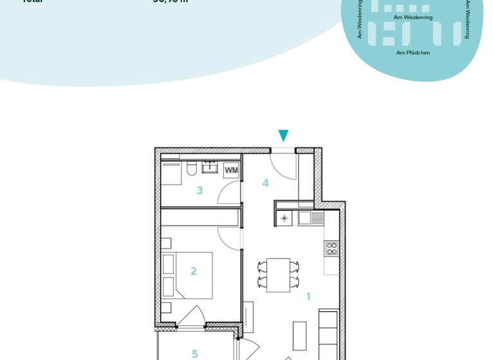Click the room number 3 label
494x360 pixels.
pos(200,190)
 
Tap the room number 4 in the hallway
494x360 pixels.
pos(265,183)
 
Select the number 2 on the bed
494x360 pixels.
pos(193,271)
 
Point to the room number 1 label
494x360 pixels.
pos(308,296)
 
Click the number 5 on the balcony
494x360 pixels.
pos(195,354)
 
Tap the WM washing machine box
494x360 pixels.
pos(231,170)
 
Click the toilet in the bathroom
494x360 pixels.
pos(191,168)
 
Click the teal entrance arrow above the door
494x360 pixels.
pos(283,135)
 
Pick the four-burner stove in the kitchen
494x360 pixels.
pos(331,248)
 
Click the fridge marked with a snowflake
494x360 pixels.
pos(284,219)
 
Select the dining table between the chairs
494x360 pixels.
pos(279,274)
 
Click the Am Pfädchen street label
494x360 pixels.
pos(413,53)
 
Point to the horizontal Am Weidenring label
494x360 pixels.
pos(413,17)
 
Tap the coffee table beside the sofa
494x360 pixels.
pos(300,335)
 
